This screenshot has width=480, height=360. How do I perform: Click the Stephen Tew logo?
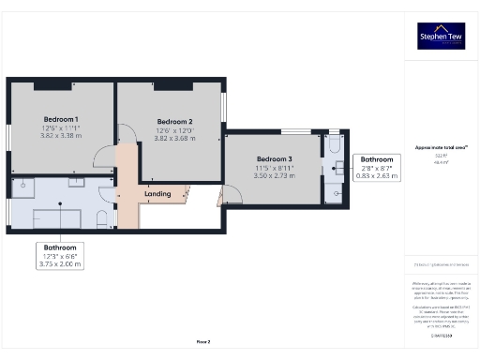pos(441,36)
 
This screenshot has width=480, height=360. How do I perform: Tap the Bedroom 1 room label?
pos(61,119)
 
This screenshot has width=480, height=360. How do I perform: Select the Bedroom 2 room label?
pos(174,122)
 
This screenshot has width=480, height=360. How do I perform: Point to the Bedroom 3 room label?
pos(275,158)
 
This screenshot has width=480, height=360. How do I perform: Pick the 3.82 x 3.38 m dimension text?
pos(61,136)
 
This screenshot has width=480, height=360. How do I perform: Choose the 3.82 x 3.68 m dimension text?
pos(174,139)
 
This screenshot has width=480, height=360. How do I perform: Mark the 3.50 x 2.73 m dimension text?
pos(275,175)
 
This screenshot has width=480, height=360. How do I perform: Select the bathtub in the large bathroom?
pos(56,218)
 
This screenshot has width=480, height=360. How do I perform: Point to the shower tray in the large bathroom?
pos(22,188)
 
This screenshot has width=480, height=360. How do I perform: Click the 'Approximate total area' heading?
pos(441,147)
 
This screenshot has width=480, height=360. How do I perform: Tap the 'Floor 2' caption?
pos(202,342)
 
